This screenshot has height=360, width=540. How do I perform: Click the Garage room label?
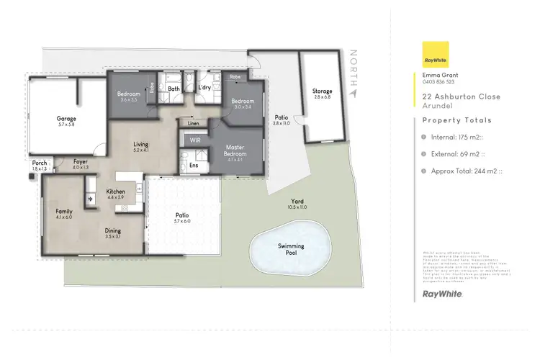(x=66, y=119)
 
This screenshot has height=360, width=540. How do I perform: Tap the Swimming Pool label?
(x=291, y=246)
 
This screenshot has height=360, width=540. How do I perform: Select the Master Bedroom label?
(x=235, y=150)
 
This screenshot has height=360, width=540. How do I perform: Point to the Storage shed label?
(x=322, y=91)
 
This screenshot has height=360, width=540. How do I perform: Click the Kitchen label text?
(x=116, y=192)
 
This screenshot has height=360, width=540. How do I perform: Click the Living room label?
(x=140, y=145)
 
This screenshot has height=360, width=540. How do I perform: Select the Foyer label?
(x=81, y=162)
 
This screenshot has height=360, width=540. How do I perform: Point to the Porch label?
(x=40, y=163)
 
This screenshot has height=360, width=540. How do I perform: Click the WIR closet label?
(x=194, y=140)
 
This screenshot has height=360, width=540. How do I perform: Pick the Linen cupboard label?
(x=194, y=123)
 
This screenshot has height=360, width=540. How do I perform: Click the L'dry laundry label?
(x=204, y=89)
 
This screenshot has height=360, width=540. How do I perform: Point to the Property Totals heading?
(x=456, y=120)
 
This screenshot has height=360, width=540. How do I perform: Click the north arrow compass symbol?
(x=352, y=92)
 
